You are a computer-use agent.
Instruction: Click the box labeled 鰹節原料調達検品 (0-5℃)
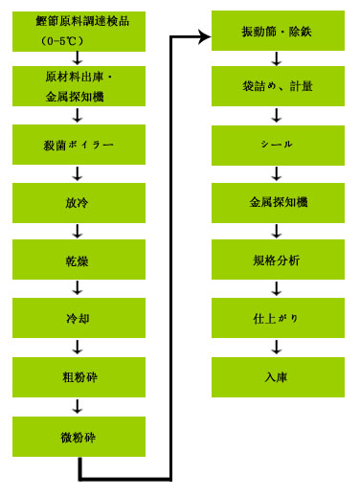[x=79, y=32]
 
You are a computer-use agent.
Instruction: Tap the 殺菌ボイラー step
[x=79, y=144]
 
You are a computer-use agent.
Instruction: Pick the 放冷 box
[x=79, y=202]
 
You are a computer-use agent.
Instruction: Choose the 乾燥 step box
[x=79, y=260]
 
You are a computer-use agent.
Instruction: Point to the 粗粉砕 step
[x=79, y=376]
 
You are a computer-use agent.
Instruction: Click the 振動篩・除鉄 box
[x=276, y=32]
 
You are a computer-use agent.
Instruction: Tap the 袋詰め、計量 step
[x=276, y=90]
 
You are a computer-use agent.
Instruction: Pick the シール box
[x=276, y=144]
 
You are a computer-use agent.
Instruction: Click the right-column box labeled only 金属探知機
[x=276, y=202]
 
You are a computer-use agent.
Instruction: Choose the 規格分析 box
[x=276, y=260]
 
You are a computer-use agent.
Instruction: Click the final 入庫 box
[x=276, y=376]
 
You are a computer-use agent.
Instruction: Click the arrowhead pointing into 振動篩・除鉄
[x=205, y=35]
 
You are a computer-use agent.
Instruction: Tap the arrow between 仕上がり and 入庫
[x=276, y=347]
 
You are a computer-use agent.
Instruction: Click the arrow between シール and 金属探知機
[x=276, y=173]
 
